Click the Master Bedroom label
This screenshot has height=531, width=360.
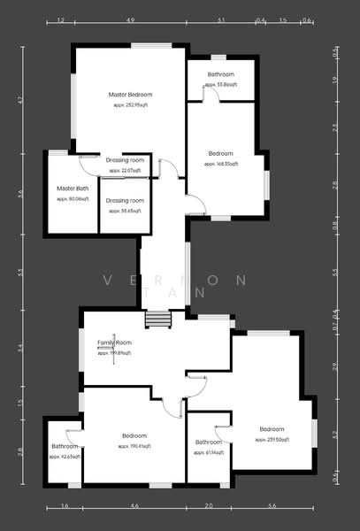[130, 94]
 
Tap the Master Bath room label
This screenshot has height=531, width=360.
[73, 189]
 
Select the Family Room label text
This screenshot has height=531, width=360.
[114, 342]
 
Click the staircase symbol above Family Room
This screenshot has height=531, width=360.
[157, 319]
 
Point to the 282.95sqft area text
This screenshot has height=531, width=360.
[131, 104]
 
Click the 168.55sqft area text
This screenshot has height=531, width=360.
[220, 164]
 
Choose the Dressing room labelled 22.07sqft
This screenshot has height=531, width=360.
[124, 159]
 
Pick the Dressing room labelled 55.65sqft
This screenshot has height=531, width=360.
[124, 201]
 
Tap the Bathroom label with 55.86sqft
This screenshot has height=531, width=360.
[220, 74]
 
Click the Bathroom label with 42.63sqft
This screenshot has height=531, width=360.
[65, 446]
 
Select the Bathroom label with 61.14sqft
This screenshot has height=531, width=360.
[208, 442]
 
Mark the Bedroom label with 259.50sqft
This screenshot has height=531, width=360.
[271, 429]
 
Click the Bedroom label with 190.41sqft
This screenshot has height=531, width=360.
[134, 436]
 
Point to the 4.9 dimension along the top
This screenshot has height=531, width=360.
[130, 19]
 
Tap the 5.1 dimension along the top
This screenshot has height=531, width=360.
[221, 19]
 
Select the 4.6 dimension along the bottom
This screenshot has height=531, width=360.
[134, 505]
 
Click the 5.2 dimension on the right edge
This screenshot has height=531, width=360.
[334, 435]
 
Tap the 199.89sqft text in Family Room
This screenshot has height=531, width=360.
[114, 352]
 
